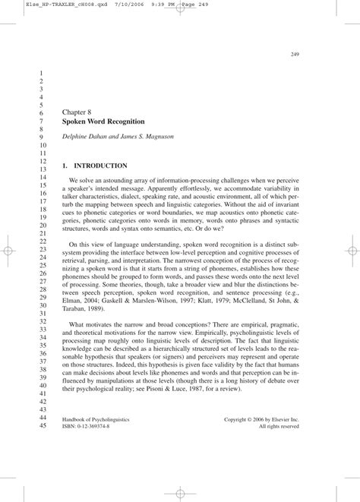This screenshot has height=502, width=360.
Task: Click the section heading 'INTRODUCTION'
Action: [x=100, y=165]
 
